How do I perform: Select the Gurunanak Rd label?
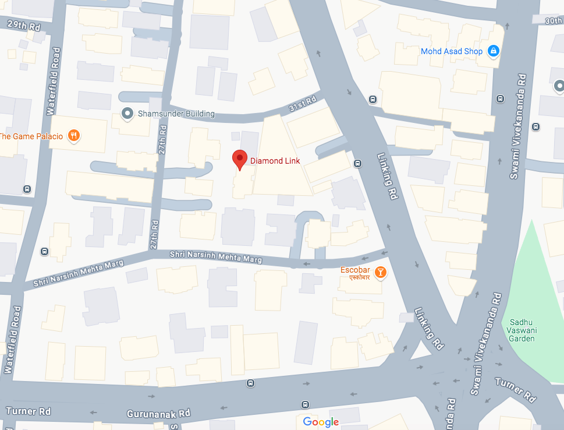[x=158, y=414]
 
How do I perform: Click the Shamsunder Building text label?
[x=176, y=114]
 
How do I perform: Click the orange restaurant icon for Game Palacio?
[x=73, y=136]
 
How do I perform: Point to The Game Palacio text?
[x=31, y=136]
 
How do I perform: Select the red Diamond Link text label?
[x=275, y=161]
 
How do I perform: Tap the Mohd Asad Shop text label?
[x=452, y=51]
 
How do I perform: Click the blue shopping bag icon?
[x=494, y=51]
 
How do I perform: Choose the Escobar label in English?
[x=355, y=270]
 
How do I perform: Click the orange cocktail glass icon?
[x=379, y=272]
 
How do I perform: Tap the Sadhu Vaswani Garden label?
[x=522, y=330]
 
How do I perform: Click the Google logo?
[x=321, y=422]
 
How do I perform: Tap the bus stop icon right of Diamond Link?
[x=357, y=163]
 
